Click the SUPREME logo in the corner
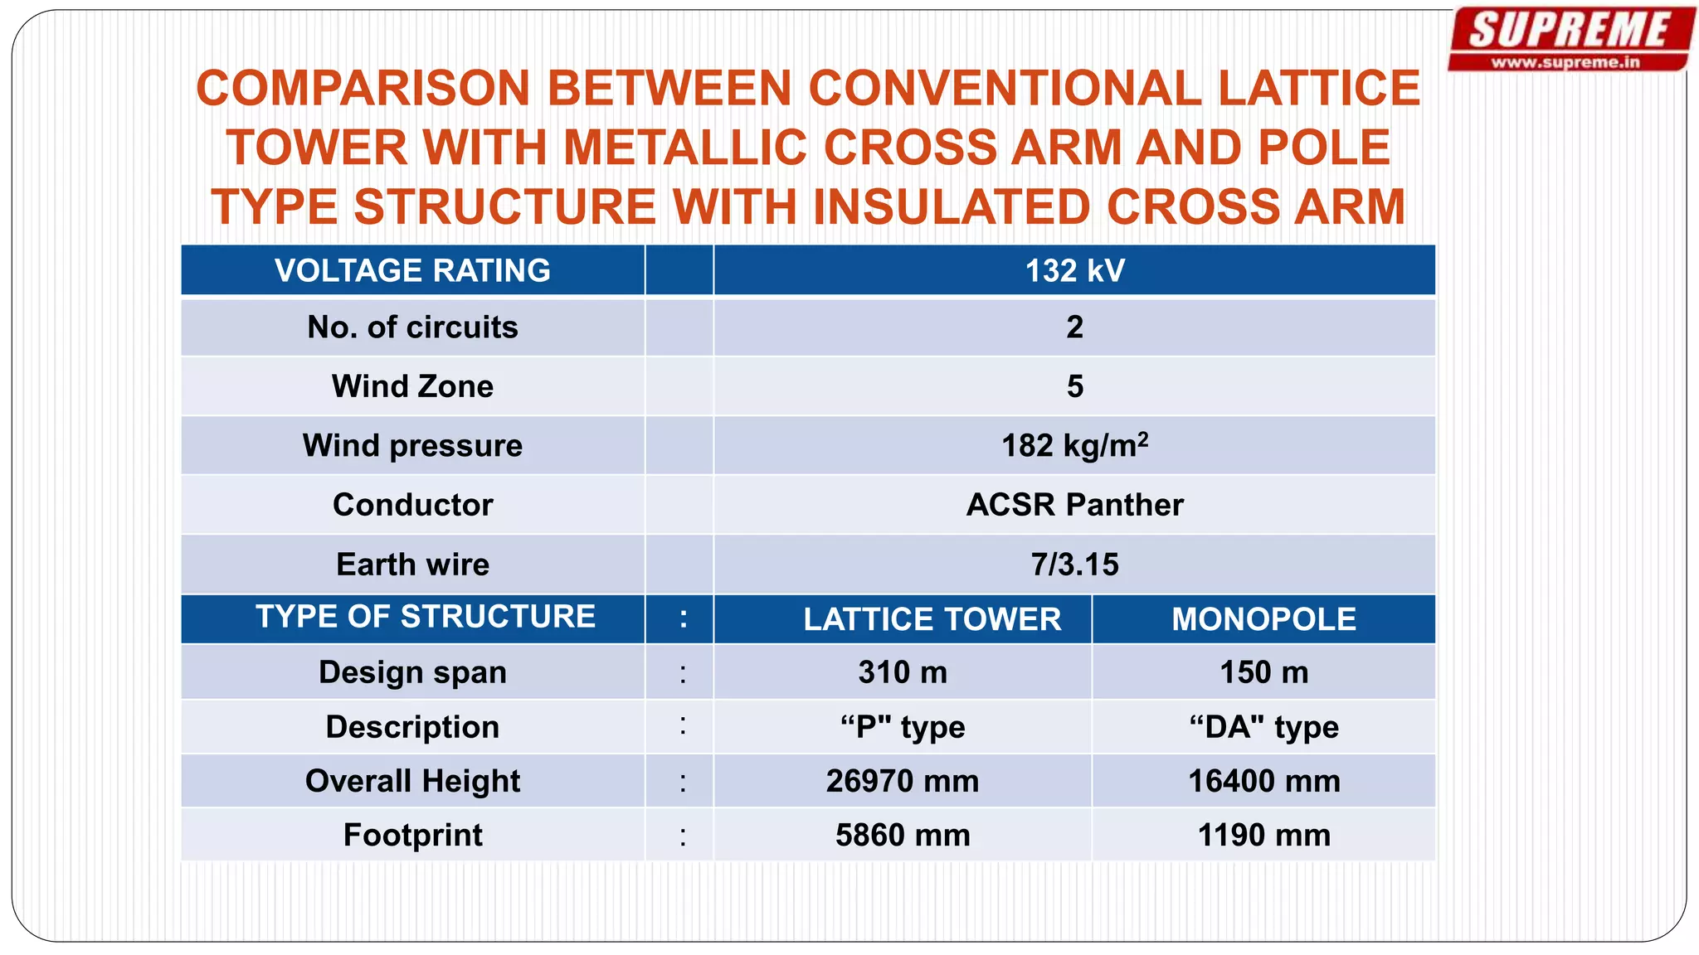click(x=1570, y=32)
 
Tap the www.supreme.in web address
click(x=1565, y=62)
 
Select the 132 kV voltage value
click(x=1074, y=271)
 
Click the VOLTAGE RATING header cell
click(x=412, y=271)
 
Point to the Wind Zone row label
click(x=412, y=386)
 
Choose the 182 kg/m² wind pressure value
click(x=1074, y=446)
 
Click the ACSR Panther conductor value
click(x=1074, y=505)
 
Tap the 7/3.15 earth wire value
click(x=1074, y=565)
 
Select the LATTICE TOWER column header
click(x=932, y=619)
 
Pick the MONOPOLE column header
click(x=1263, y=619)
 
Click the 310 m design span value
click(x=903, y=672)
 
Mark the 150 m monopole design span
click(x=1263, y=672)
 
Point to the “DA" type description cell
click(x=1263, y=727)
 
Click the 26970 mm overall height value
click(x=903, y=781)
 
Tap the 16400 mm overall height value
click(x=1263, y=781)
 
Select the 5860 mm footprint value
click(x=903, y=835)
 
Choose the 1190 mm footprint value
click(x=1263, y=835)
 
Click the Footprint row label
click(x=412, y=835)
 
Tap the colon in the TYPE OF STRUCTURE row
click(x=683, y=618)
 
